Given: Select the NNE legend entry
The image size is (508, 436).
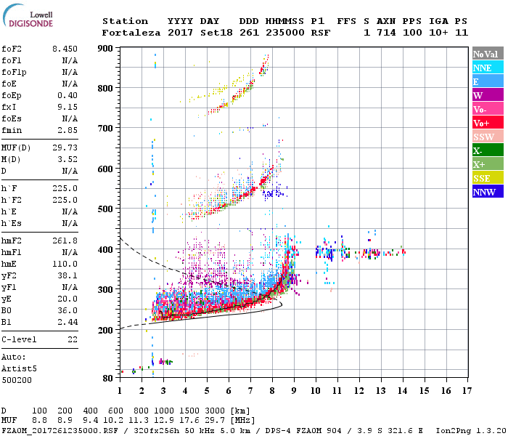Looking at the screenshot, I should [x=488, y=68].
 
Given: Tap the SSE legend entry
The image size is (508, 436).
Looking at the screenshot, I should [x=488, y=179].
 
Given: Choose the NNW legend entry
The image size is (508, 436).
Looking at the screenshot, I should [x=488, y=193].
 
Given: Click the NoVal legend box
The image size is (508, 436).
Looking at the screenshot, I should [x=488, y=54].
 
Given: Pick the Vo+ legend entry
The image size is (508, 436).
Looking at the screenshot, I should [x=488, y=124].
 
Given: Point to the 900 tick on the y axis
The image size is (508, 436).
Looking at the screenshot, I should [x=106, y=48].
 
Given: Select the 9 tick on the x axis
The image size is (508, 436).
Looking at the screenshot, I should [x=294, y=391].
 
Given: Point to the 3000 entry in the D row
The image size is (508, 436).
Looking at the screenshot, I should [x=214, y=411].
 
